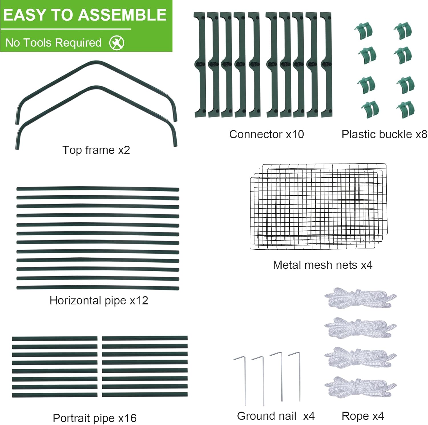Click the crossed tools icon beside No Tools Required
tap(117, 43)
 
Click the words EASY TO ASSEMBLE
tap(85, 15)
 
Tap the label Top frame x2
tap(96, 150)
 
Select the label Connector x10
tap(267, 134)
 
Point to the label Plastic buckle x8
tap(384, 134)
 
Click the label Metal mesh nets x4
tap(322, 265)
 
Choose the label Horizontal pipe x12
tap(99, 300)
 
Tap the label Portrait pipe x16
tap(95, 418)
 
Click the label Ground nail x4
tap(276, 416)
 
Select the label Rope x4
tap(363, 416)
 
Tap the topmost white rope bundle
tap(360, 298)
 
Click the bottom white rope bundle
tap(360, 387)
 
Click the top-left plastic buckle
tap(364, 31)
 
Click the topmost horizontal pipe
tap(98, 189)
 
